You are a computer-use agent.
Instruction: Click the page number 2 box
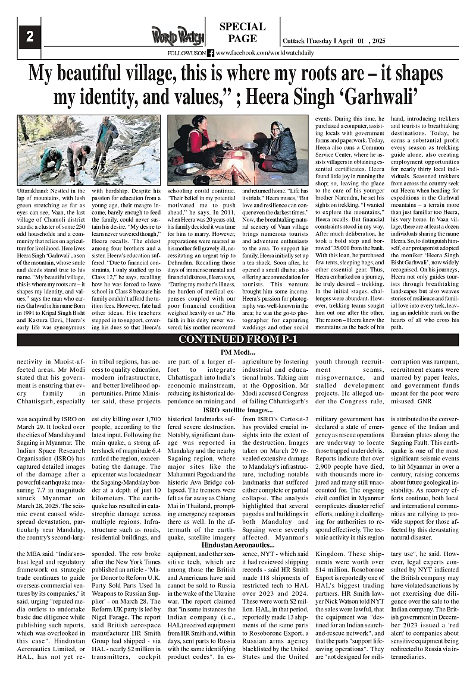pyautogui.click(x=29, y=36)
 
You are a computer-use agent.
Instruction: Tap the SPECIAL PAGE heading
pyautogui.click(x=242, y=33)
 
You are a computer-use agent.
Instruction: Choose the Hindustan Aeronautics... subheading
pyautogui.click(x=238, y=545)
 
